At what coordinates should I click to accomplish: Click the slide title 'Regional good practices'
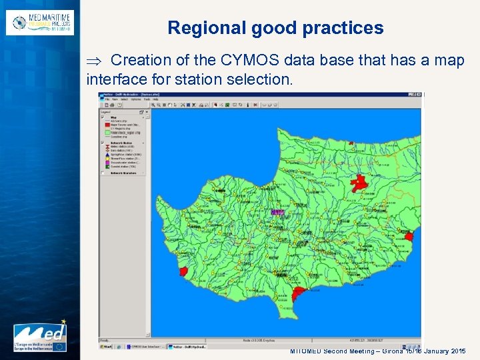[275, 28]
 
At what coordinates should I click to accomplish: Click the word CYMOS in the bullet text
[247, 61]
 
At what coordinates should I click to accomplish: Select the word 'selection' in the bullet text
[256, 79]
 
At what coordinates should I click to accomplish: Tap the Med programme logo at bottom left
[40, 337]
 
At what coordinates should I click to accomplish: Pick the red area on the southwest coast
[183, 271]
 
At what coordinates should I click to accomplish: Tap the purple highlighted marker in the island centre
[278, 213]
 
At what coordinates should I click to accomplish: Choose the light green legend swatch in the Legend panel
[105, 132]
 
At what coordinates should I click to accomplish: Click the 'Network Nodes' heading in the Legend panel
[119, 143]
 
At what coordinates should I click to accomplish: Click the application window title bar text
[127, 95]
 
